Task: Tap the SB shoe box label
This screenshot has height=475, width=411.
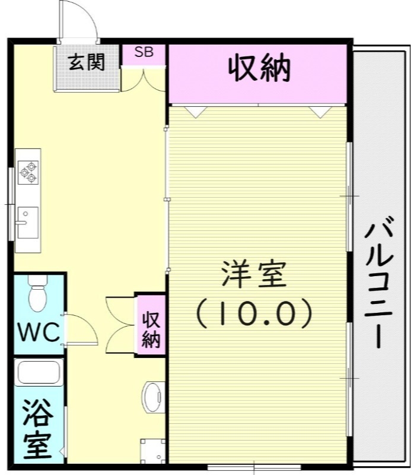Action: tap(143, 52)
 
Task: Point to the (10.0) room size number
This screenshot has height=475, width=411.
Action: tap(254, 313)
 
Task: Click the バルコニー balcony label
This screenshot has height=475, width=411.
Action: tap(380, 284)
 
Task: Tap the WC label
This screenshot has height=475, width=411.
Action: tap(38, 332)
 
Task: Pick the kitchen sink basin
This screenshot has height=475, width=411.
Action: tap(27, 221)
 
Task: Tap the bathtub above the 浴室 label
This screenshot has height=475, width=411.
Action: tap(39, 373)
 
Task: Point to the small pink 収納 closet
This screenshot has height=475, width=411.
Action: tap(151, 324)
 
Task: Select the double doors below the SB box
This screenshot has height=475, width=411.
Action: tap(144, 80)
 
